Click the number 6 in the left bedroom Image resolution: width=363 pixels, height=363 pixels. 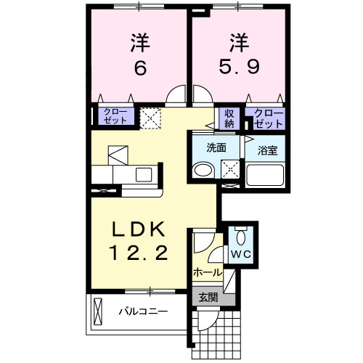click(141, 68)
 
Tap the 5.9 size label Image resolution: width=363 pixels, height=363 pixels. click(240, 68)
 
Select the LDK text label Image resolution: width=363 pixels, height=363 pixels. click(140, 229)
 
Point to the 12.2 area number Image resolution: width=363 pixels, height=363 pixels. click(140, 253)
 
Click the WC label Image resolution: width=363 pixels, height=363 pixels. click(240, 256)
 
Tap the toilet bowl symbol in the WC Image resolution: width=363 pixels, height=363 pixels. click(240, 236)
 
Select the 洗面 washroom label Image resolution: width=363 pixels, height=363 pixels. click(216, 148)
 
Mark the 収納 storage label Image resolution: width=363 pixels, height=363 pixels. click(229, 118)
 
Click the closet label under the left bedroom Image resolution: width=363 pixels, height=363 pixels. click(115, 116)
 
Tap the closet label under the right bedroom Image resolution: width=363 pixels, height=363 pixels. click(265, 118)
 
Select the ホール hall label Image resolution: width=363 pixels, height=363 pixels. click(207, 272)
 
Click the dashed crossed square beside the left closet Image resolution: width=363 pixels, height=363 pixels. click(151, 118)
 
